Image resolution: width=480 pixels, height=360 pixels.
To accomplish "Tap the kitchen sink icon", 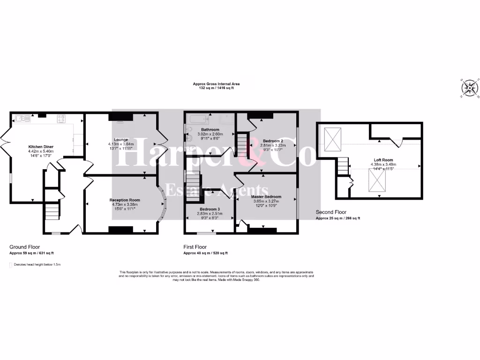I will point(22,119).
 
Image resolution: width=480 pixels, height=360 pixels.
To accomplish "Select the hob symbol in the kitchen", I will point(61,119).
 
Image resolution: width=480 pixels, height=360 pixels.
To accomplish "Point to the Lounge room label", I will point(121,139).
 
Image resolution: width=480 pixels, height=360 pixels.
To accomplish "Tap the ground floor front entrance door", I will point(74,229).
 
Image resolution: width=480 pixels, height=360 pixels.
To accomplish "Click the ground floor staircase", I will point(52,211).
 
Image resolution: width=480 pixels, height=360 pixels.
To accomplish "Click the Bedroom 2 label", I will point(272,141).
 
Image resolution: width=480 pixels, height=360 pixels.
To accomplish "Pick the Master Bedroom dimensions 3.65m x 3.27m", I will point(266,201).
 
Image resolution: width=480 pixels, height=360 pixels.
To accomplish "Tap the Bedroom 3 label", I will point(210,209).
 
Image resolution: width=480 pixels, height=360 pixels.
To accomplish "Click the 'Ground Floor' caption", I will point(25,247).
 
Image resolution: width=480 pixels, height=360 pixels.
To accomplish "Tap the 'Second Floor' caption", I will point(331,212).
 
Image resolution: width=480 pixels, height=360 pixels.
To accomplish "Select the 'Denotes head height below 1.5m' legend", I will point(36,265).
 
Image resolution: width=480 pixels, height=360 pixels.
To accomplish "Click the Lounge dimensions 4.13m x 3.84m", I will point(120,144).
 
